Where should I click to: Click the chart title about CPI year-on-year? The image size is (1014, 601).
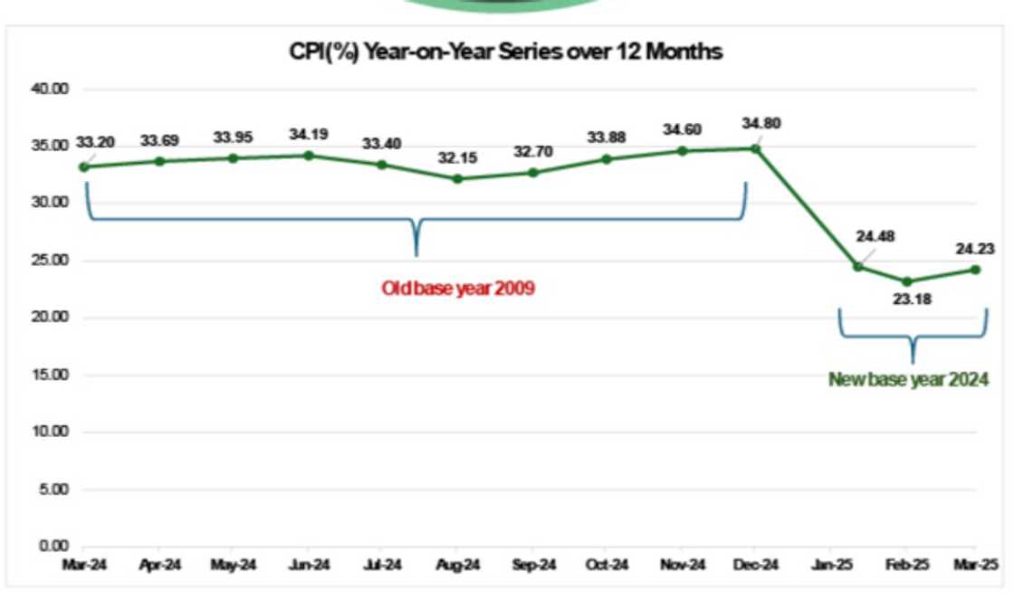(505, 52)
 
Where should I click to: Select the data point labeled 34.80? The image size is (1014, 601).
(756, 148)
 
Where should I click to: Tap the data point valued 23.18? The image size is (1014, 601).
(907, 281)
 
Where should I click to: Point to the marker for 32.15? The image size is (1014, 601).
(457, 178)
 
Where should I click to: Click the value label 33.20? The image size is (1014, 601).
(96, 142)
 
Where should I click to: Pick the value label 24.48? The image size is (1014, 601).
(875, 237)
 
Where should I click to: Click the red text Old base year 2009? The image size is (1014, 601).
(458, 290)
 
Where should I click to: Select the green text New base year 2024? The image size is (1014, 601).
(908, 380)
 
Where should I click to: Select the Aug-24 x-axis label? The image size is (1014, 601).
(458, 566)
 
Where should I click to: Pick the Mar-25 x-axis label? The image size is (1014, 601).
(977, 566)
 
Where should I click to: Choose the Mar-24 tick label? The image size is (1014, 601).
(83, 566)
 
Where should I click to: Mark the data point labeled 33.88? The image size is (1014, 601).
(607, 159)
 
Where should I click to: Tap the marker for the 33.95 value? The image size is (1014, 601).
(233, 157)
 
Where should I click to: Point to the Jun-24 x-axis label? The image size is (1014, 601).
(309, 566)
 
